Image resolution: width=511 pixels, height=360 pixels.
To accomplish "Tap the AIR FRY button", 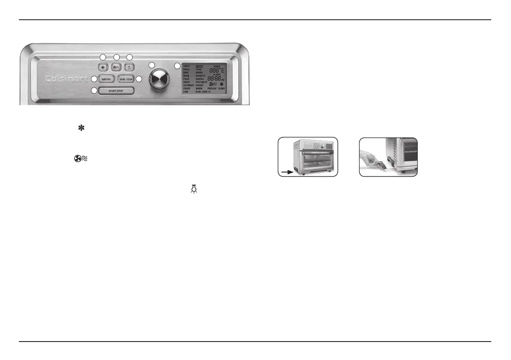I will point(105,79).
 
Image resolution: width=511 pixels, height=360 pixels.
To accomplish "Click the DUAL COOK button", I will point(127,79).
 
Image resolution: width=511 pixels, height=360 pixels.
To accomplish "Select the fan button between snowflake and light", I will point(116,67).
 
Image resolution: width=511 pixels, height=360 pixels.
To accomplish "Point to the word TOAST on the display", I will point(187,67).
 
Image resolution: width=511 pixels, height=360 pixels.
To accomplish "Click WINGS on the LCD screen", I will point(200,73).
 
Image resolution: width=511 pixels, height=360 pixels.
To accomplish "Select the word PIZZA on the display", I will point(187,79).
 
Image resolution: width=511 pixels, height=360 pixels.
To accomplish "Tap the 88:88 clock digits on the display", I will point(215,79).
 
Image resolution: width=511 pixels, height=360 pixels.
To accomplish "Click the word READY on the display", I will point(221,88).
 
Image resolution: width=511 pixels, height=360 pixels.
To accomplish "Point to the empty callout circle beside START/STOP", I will point(94,91).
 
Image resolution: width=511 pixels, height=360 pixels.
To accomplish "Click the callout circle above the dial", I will point(151,64).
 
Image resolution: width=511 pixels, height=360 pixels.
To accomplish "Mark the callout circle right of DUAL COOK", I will point(139,79).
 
